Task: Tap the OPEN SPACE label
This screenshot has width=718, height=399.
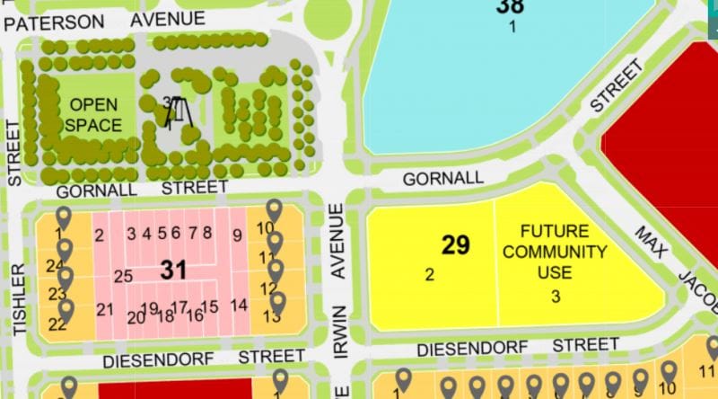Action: [x=93, y=115]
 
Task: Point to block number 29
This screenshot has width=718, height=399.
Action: [x=456, y=245]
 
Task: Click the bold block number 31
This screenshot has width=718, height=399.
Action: [x=173, y=269]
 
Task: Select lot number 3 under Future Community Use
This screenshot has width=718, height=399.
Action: [x=556, y=296]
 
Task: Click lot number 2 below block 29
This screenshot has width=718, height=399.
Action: [x=430, y=275]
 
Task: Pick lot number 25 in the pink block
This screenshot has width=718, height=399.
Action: [x=124, y=276]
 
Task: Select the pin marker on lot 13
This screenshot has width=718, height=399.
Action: [x=278, y=304]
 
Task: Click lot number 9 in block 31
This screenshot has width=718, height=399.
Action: [x=237, y=235]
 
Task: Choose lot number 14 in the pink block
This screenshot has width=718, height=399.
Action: [x=239, y=305]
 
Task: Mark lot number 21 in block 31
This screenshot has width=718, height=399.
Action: [x=105, y=310]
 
